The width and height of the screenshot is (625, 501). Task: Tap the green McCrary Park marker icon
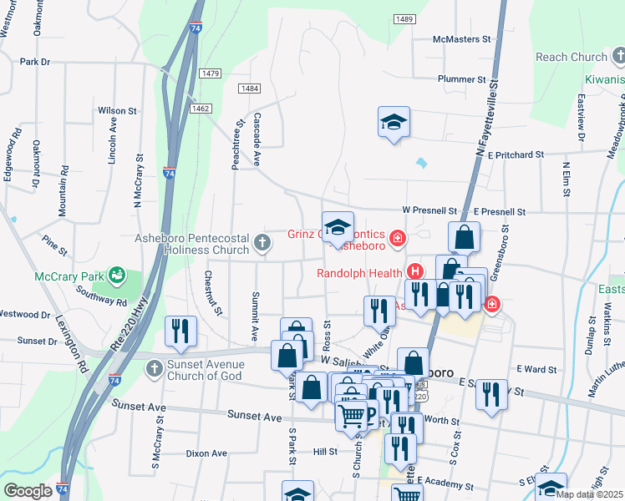(117, 274)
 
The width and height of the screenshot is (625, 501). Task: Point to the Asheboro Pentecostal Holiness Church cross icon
(262, 243)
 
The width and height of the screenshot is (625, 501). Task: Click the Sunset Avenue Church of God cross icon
(154, 369)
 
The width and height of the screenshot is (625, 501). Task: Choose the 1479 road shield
(210, 73)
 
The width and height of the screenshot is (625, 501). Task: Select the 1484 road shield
(248, 89)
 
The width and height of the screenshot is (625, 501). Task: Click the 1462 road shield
(200, 109)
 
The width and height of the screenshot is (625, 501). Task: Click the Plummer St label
(461, 79)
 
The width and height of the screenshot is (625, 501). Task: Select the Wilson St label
(117, 110)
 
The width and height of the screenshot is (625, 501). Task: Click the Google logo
(28, 490)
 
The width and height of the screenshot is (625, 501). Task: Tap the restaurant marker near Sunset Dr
(180, 331)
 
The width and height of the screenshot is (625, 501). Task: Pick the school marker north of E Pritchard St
(394, 121)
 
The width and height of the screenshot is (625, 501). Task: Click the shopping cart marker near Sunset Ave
(352, 414)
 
